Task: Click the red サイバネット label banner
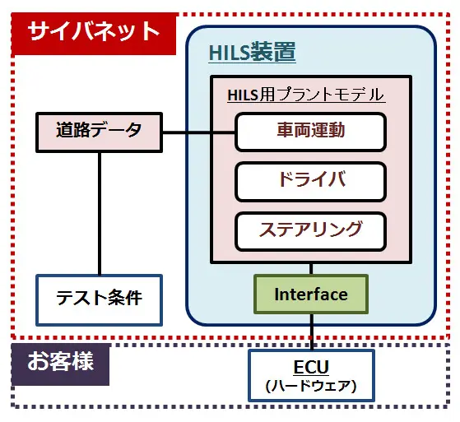point(94,34)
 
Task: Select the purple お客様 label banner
point(60,364)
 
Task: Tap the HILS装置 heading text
point(252,53)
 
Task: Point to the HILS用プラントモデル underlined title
point(306,95)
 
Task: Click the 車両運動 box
point(310,132)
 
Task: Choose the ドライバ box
point(310,182)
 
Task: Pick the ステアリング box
point(310,231)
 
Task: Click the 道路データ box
point(99,132)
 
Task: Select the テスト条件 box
point(99,300)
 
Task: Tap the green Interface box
point(311,294)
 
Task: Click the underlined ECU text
point(311,367)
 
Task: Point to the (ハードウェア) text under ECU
point(311,386)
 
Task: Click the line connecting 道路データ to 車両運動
point(198,132)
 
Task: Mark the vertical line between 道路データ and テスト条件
point(100,214)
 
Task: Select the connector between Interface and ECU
point(312,332)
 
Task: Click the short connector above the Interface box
point(311,269)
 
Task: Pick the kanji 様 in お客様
point(83,360)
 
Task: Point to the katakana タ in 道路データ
point(132,130)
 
